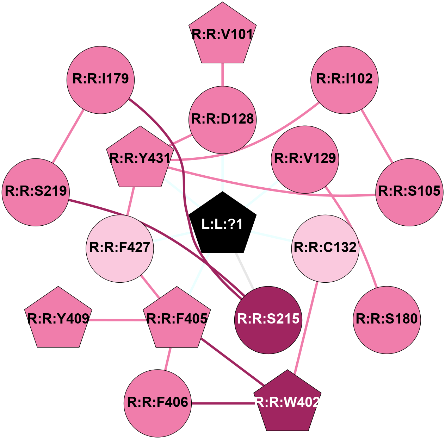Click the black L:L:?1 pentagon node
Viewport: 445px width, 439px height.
click(x=222, y=224)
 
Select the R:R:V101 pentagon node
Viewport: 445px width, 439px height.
click(x=222, y=35)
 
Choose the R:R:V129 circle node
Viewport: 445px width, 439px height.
click(x=305, y=159)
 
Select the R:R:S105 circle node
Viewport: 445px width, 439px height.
click(x=409, y=192)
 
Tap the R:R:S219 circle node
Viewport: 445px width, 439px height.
click(x=36, y=192)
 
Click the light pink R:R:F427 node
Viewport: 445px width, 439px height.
click(x=120, y=249)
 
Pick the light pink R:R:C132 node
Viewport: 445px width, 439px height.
click(x=325, y=249)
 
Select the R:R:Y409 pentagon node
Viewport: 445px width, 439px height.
click(x=58, y=319)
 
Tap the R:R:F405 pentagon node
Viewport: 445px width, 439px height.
click(x=177, y=319)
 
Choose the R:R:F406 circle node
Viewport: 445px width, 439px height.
click(x=157, y=403)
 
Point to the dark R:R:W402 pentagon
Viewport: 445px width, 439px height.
click(x=288, y=402)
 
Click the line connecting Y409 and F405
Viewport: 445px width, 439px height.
click(x=118, y=320)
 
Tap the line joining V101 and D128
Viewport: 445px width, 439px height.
click(x=222, y=74)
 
